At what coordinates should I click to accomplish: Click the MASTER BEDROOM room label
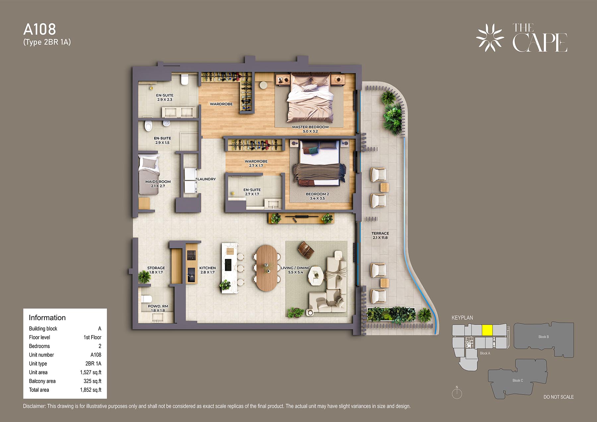pyautogui.click(x=310, y=127)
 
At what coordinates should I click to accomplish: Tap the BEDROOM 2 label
pyautogui.click(x=317, y=194)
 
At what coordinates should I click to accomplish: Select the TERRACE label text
pyautogui.click(x=380, y=233)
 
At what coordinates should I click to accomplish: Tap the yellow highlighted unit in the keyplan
pyautogui.click(x=487, y=331)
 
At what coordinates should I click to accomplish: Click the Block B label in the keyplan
pyautogui.click(x=544, y=337)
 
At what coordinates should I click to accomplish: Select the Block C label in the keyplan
pyautogui.click(x=518, y=381)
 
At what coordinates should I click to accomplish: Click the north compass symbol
pyautogui.click(x=457, y=393)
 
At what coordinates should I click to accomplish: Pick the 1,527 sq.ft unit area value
pyautogui.click(x=91, y=372)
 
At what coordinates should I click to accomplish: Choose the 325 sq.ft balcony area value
pyautogui.click(x=93, y=381)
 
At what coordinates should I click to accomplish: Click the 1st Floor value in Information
pyautogui.click(x=93, y=337)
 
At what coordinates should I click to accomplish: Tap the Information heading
pyautogui.click(x=47, y=318)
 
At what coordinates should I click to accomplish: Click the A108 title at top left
pyautogui.click(x=39, y=30)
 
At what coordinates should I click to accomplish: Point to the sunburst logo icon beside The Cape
pyautogui.click(x=490, y=38)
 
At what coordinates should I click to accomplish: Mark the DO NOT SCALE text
pyautogui.click(x=559, y=397)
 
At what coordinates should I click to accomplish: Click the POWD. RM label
pyautogui.click(x=158, y=306)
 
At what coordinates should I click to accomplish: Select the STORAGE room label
pyautogui.click(x=156, y=268)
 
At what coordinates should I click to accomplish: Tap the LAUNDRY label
pyautogui.click(x=206, y=179)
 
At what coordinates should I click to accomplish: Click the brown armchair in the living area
pyautogui.click(x=306, y=250)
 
